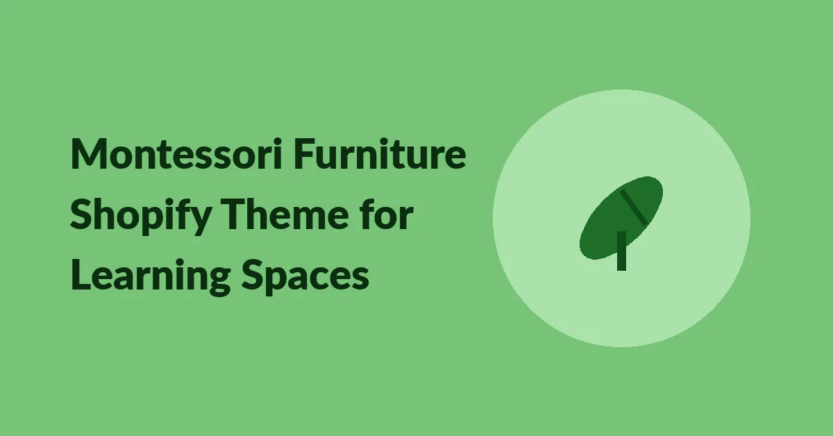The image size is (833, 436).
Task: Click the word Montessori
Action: (x=176, y=153)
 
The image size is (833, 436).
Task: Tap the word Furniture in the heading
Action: (x=380, y=153)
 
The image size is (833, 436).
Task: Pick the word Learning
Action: (x=151, y=277)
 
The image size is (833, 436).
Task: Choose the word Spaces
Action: (x=305, y=277)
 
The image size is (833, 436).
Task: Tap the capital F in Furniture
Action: (x=304, y=154)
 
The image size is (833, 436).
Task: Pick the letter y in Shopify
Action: (x=200, y=221)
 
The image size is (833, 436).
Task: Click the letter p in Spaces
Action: (x=278, y=282)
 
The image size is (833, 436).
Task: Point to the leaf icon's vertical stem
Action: (x=621, y=251)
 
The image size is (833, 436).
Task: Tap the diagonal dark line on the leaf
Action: (x=634, y=207)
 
